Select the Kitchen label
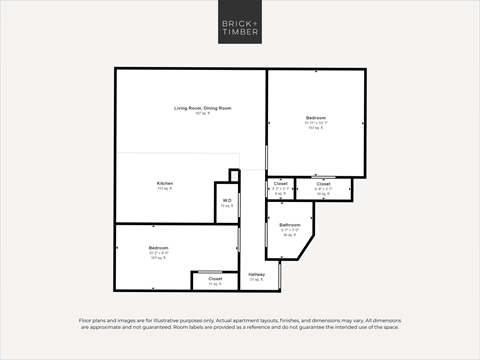[x=164, y=183]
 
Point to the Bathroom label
[x=289, y=226]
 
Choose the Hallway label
[x=257, y=273]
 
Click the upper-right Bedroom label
[x=316, y=118]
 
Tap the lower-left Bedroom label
[x=158, y=247]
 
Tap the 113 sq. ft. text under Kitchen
[x=164, y=189]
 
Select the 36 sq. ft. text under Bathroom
[x=289, y=236]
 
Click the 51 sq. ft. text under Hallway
[x=257, y=279]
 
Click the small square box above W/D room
[x=234, y=176]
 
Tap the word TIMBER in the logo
[x=240, y=33]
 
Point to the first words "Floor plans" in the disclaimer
[x=89, y=321]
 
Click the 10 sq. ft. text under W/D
[x=227, y=207]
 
